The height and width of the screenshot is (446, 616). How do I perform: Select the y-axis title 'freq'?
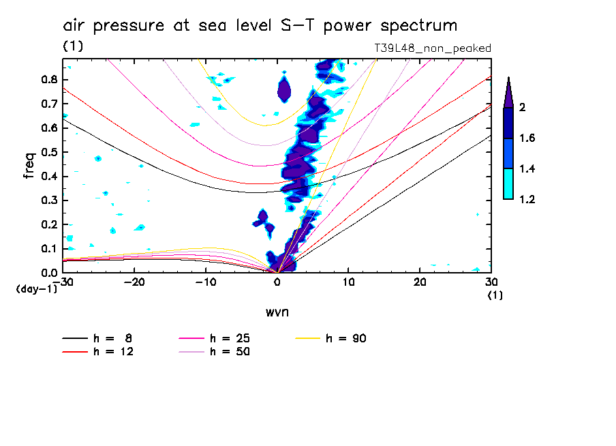coord(29,166)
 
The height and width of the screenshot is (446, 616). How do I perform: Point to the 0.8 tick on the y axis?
coord(47,79)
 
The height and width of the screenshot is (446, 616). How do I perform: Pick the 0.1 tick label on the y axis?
coord(47,248)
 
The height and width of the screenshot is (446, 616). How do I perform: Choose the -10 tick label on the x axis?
coord(205,282)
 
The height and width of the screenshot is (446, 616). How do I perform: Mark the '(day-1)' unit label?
coord(36,288)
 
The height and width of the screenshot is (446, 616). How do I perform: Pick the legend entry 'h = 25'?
coord(229,338)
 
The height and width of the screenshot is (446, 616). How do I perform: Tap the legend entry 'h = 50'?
coord(229,352)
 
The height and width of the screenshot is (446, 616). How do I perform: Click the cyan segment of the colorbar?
coord(508,184)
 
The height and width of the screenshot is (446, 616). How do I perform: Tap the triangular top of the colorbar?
coord(508,93)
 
